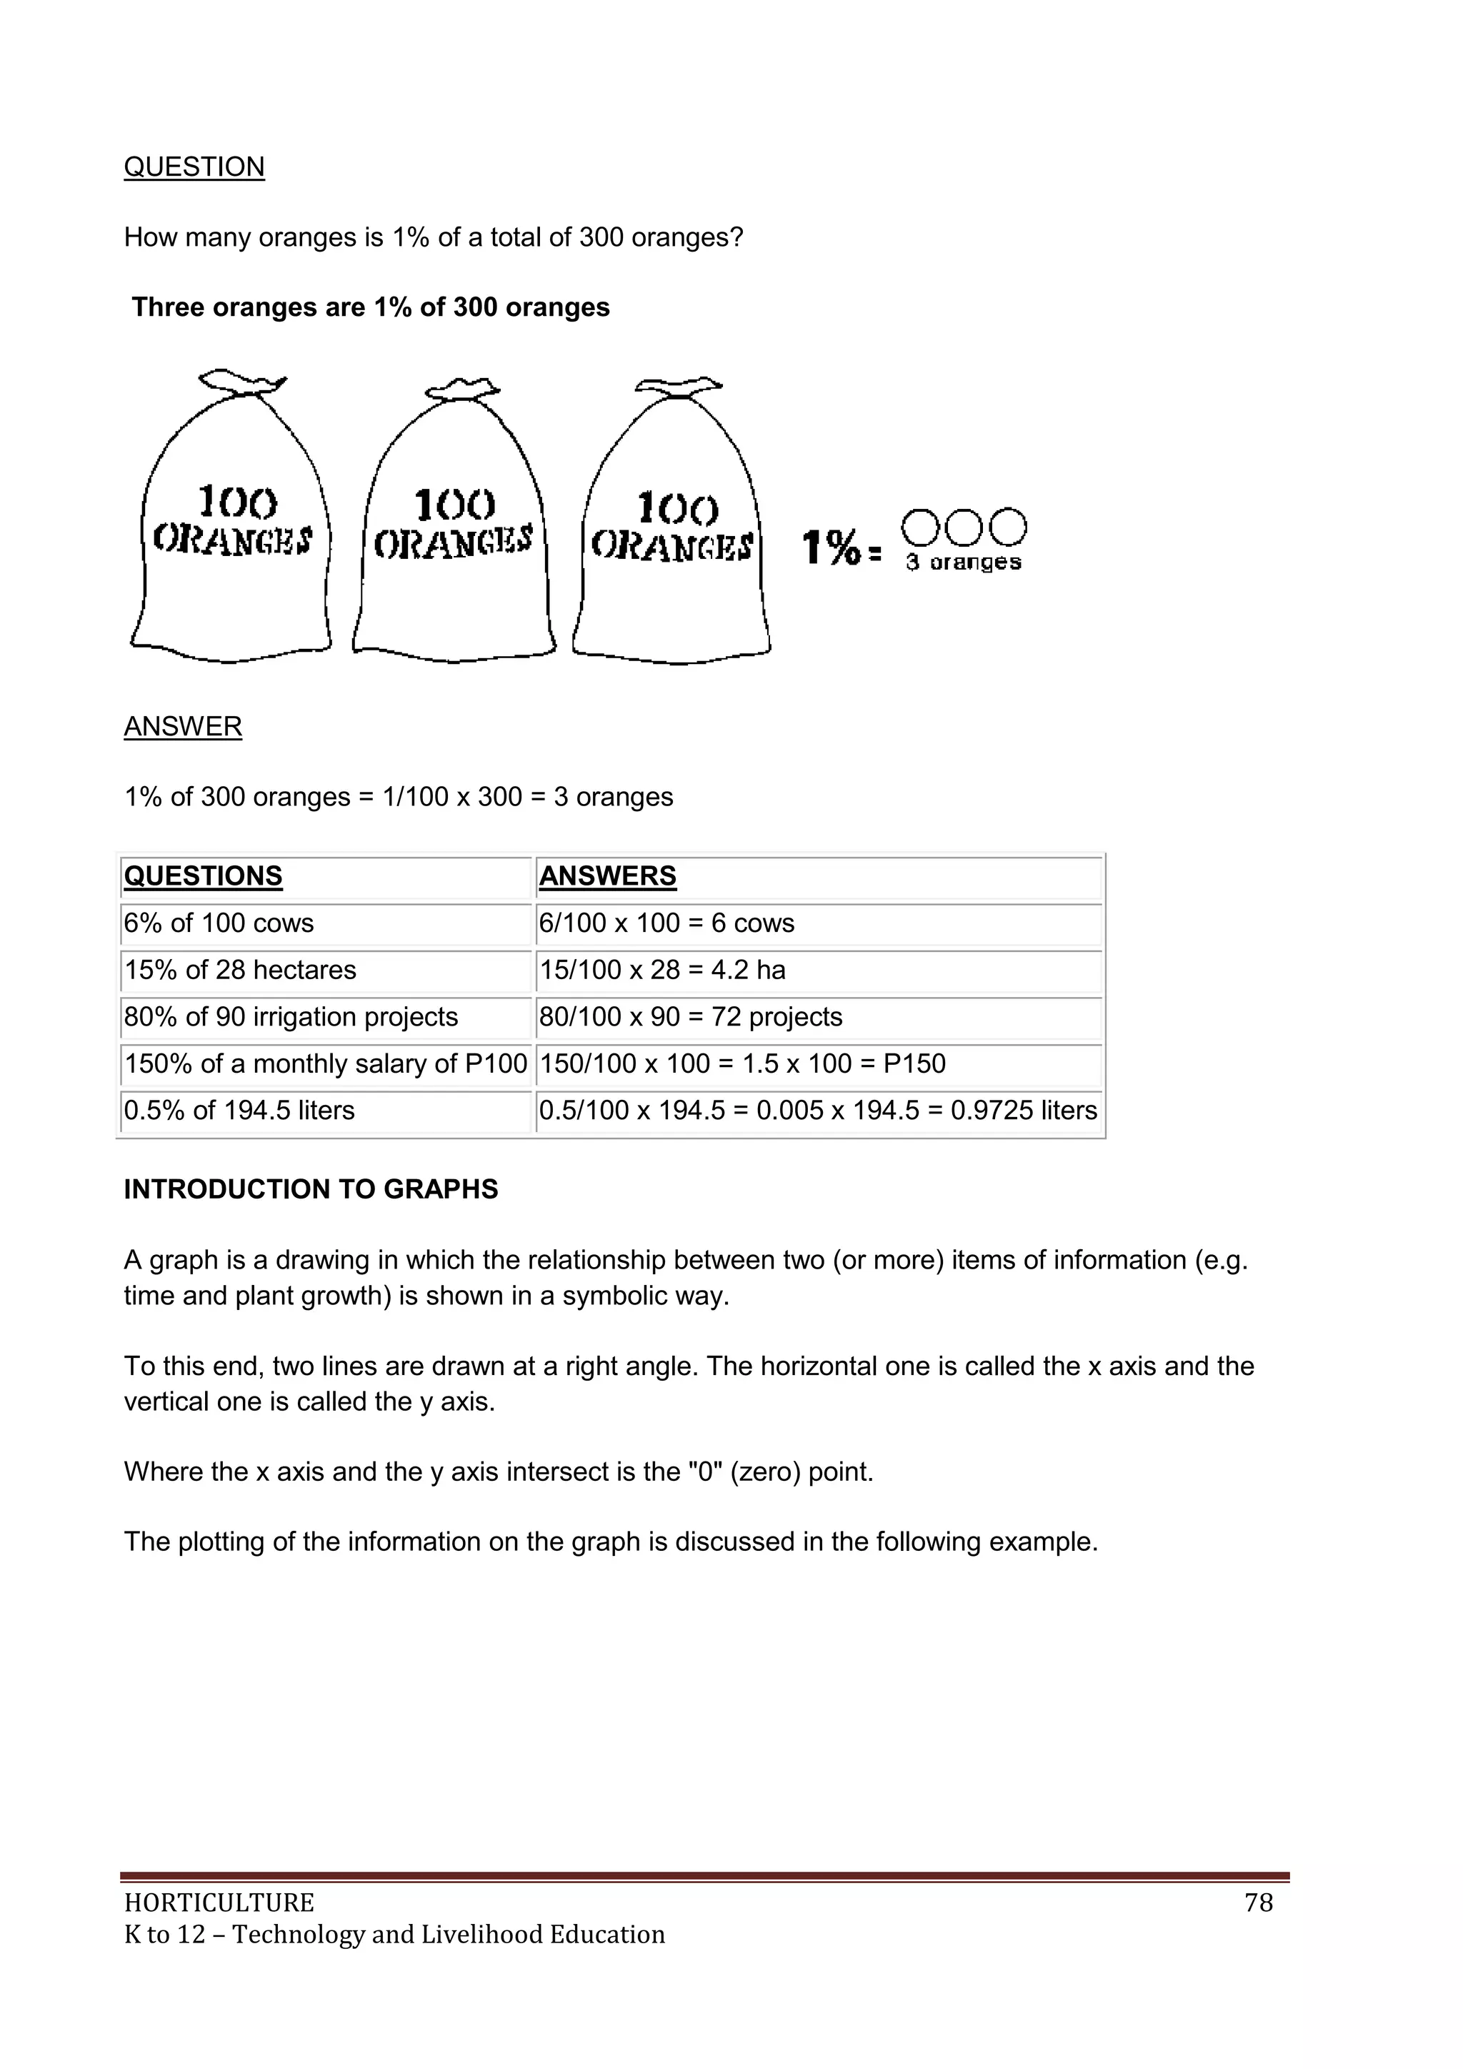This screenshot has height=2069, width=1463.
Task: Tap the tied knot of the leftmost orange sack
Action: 241,384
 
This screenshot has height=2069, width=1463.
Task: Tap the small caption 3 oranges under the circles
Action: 964,562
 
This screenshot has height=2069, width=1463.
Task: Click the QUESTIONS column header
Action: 203,876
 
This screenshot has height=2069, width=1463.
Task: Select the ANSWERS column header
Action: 607,876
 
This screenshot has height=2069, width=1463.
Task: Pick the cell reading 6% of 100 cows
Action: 219,923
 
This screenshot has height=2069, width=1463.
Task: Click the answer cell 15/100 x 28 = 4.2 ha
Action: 662,970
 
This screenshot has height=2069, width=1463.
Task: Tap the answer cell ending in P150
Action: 742,1063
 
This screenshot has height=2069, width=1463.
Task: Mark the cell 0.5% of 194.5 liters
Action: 239,1110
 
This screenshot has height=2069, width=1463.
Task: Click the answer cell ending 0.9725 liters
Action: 818,1110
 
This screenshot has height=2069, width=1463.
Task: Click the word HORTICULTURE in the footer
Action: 219,1902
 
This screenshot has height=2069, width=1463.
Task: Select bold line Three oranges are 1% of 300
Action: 370,307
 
